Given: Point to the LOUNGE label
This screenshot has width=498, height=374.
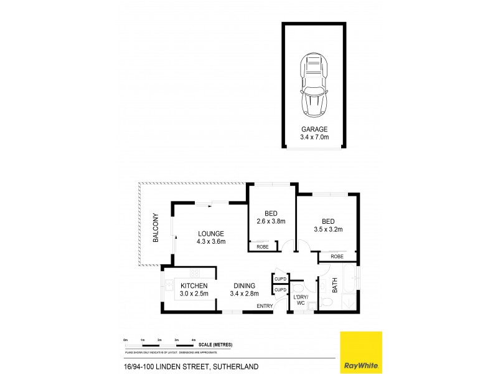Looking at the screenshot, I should [211, 234].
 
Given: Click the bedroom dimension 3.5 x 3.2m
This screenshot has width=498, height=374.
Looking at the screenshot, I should [329, 229].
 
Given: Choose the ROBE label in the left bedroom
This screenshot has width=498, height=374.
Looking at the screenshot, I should [262, 247].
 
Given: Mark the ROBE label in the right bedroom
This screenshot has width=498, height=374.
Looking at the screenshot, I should [337, 256].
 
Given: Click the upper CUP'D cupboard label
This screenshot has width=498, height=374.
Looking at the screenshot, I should [280, 279].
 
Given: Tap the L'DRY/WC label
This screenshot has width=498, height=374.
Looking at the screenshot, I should [302, 300].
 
